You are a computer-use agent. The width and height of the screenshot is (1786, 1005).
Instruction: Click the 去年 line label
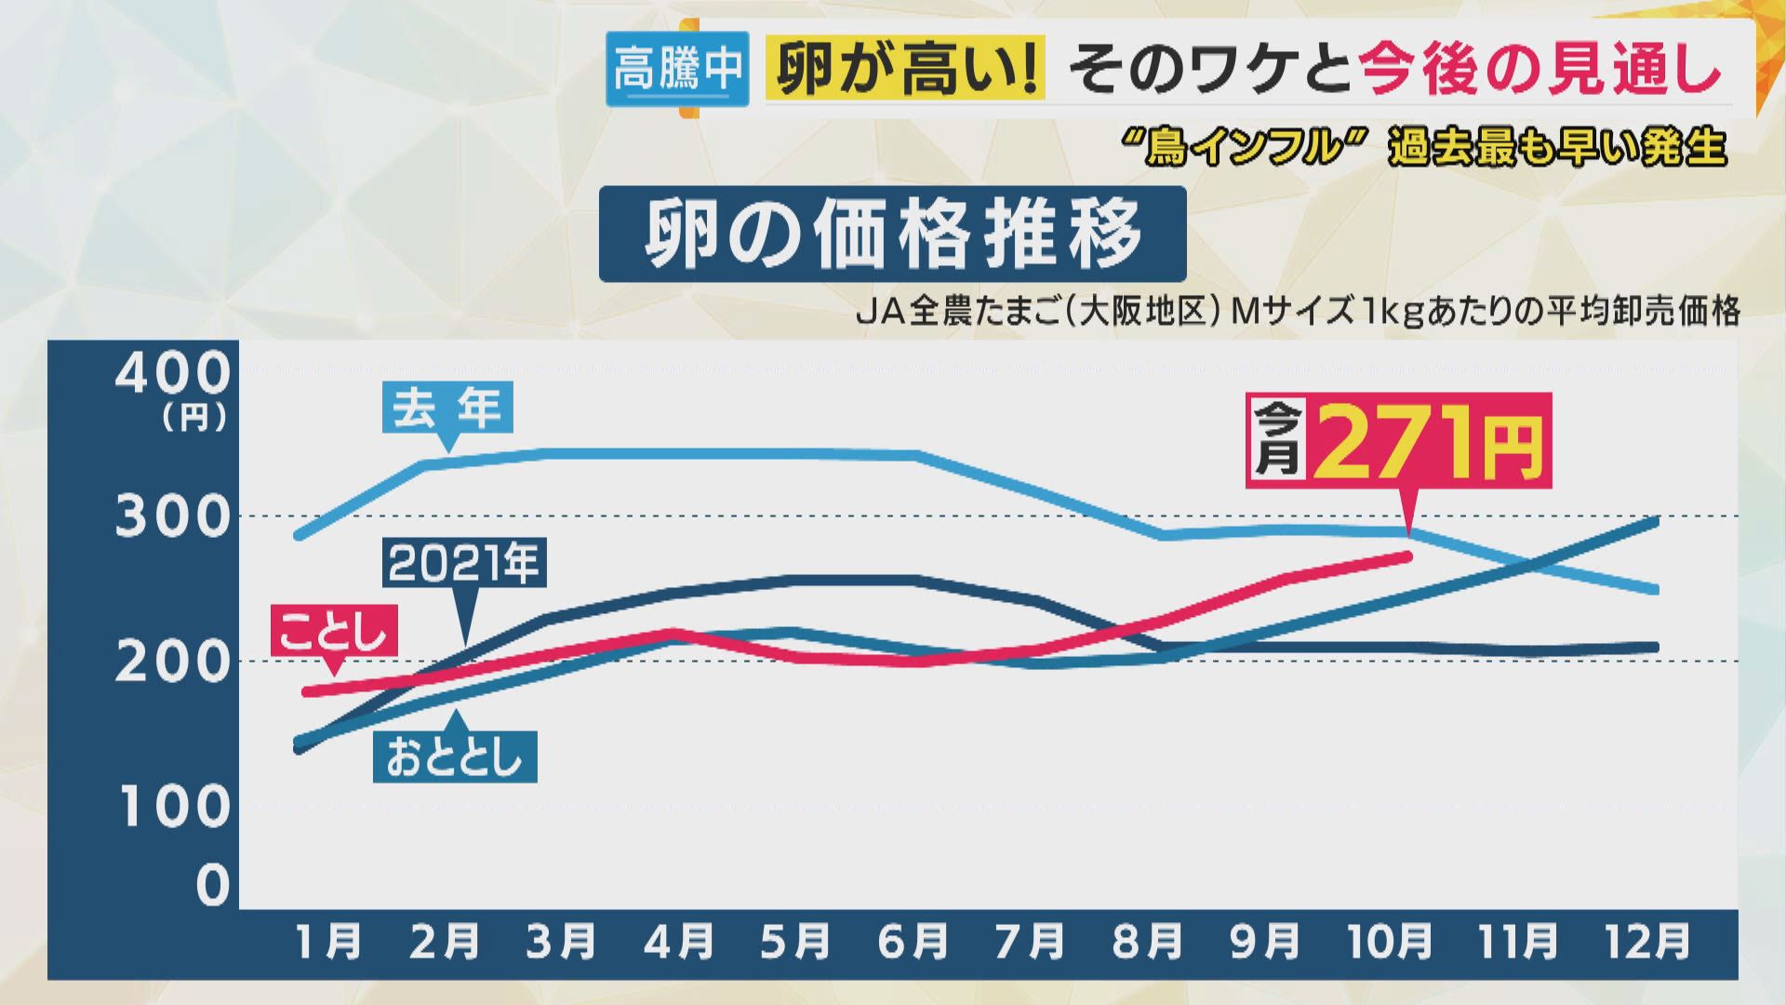(x=447, y=409)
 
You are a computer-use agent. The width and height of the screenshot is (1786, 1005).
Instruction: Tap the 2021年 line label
(x=463, y=563)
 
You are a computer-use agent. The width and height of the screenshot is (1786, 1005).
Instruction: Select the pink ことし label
(x=333, y=632)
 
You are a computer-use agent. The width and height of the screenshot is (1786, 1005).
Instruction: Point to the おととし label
(x=454, y=757)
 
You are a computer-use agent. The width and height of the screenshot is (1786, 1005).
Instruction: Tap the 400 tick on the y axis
(x=172, y=374)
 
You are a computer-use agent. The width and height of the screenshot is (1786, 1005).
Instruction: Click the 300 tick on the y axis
(x=172, y=516)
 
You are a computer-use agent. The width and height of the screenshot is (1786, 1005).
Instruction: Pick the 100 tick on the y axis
(x=174, y=807)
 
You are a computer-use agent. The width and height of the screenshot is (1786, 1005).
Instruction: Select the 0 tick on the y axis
(x=212, y=885)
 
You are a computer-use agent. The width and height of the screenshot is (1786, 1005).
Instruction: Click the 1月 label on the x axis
(x=328, y=942)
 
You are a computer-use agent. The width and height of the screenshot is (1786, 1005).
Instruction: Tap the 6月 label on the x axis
(x=913, y=942)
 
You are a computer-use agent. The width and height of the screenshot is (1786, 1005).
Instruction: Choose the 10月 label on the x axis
(x=1390, y=942)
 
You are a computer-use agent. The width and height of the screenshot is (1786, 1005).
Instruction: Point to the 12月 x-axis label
(x=1648, y=942)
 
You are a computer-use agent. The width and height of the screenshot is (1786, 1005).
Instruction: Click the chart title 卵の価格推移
(x=892, y=234)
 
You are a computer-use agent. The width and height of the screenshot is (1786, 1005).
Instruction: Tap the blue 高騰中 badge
(x=677, y=68)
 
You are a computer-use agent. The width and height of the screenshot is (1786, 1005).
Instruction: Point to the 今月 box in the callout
(x=1277, y=439)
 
